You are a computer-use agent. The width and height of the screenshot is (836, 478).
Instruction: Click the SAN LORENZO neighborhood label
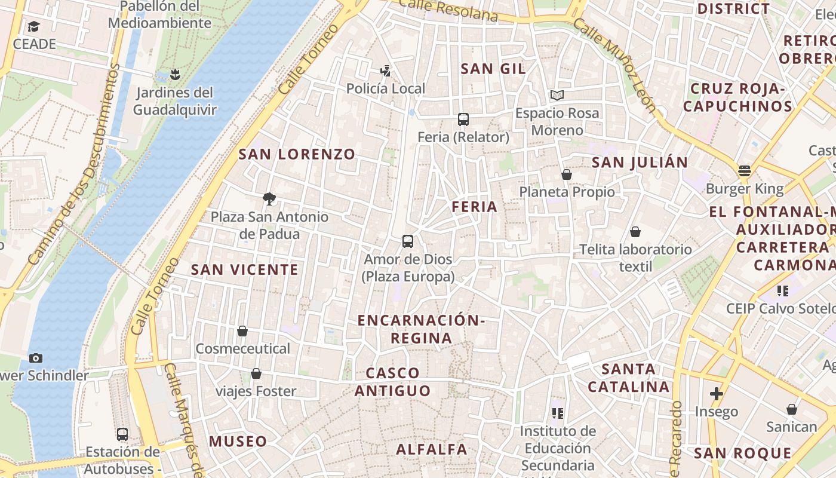(297, 154)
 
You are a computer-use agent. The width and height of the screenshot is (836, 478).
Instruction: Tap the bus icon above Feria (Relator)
(463, 119)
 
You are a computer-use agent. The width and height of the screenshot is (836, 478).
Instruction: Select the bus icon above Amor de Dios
(408, 241)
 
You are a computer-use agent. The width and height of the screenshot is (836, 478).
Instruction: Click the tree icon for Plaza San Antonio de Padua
(269, 198)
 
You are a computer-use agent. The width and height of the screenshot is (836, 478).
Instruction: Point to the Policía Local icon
(386, 71)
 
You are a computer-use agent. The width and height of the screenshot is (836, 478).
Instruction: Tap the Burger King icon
(744, 171)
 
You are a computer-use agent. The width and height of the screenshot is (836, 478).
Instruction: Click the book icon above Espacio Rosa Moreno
(557, 95)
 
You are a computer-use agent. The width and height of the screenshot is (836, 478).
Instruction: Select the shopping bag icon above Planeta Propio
(567, 174)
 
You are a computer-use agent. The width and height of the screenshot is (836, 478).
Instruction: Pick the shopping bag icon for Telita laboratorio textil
(635, 232)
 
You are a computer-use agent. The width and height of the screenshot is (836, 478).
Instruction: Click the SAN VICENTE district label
(244, 270)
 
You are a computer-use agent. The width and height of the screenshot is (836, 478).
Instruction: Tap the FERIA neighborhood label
(475, 207)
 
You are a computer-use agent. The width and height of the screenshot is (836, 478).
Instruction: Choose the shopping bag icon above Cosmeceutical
(242, 331)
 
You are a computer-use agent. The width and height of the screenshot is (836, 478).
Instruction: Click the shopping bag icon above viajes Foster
(256, 373)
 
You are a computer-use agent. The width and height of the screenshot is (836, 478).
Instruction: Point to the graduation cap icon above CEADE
(34, 27)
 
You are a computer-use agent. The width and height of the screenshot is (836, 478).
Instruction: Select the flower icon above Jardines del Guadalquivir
(174, 75)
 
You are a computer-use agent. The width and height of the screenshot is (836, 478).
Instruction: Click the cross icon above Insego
(716, 394)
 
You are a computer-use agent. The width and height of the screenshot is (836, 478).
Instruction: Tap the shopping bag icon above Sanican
(791, 409)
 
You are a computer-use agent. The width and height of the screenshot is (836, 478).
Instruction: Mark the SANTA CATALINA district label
(628, 378)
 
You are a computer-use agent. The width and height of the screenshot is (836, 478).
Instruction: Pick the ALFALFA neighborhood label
(432, 449)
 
